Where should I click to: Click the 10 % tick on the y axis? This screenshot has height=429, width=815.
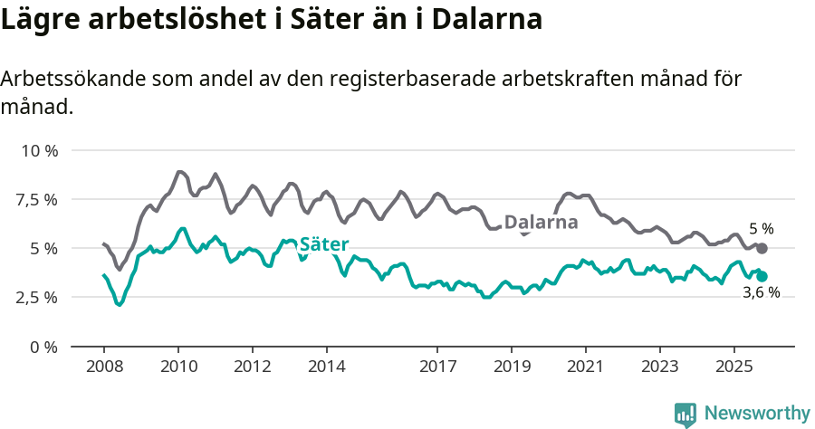39,150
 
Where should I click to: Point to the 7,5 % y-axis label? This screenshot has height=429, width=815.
36,199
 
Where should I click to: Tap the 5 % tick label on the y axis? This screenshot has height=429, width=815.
43,248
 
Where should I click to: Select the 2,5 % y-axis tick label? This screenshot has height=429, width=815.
36,297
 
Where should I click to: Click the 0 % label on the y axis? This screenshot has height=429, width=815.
43,347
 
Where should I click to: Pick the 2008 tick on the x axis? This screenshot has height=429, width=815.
104,367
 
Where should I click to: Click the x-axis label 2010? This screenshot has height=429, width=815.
178,367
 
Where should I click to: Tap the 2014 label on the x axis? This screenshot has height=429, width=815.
326,367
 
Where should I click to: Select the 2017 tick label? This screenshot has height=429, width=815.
437,367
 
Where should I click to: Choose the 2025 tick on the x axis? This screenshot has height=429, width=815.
733,367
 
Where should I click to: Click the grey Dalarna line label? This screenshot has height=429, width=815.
541,223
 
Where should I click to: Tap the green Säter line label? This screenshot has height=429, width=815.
324,244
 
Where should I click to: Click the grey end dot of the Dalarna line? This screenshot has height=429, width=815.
762,248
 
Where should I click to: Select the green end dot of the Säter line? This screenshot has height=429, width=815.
762,276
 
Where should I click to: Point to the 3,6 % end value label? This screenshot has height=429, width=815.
761,293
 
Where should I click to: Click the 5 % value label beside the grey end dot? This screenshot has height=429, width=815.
761,230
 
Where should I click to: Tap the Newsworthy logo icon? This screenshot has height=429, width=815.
686,414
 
